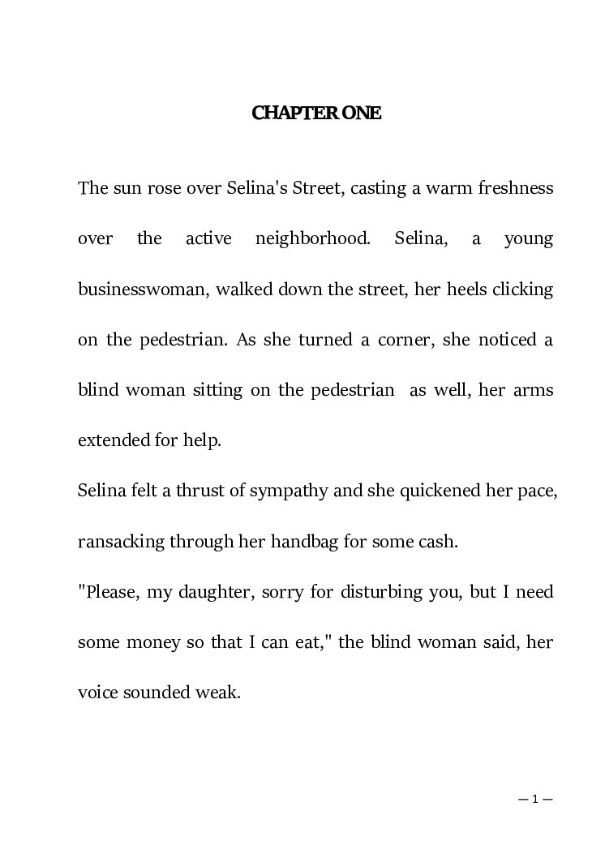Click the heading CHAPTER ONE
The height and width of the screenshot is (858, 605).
(316, 114)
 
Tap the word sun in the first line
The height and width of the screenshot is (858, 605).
(127, 189)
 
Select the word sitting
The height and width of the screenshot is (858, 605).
(212, 390)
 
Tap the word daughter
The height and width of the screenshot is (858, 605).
(204, 592)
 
